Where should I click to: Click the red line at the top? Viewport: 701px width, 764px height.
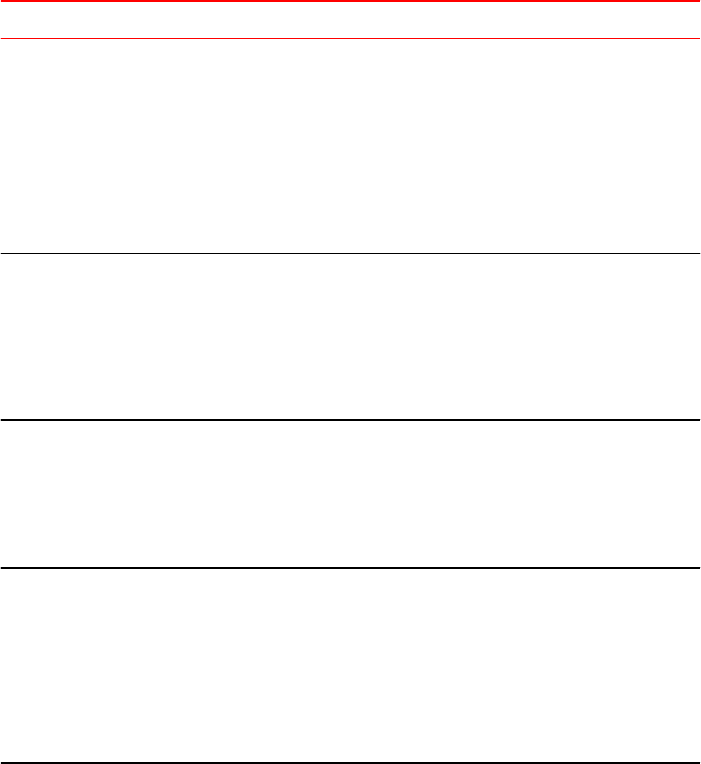click(350, 1)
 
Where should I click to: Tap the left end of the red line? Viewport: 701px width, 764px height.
click(2, 1)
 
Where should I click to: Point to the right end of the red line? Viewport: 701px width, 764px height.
click(698, 1)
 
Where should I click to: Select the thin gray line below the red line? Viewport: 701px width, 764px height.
click(350, 38)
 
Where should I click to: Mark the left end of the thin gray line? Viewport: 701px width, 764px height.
click(2, 38)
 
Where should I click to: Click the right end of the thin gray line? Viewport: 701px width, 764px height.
click(698, 38)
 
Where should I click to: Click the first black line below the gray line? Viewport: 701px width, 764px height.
click(350, 253)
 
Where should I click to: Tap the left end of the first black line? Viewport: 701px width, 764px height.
click(2, 253)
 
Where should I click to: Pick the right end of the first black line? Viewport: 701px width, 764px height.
click(698, 253)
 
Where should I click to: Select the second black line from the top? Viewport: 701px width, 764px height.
click(350, 420)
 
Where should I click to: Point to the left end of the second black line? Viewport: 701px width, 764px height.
click(2, 420)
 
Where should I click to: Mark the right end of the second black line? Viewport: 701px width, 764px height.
click(698, 420)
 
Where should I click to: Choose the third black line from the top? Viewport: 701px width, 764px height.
click(350, 568)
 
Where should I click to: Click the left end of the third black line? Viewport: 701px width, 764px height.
click(2, 568)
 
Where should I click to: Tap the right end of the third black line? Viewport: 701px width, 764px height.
click(698, 568)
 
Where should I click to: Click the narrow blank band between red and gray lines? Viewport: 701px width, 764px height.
click(350, 19)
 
